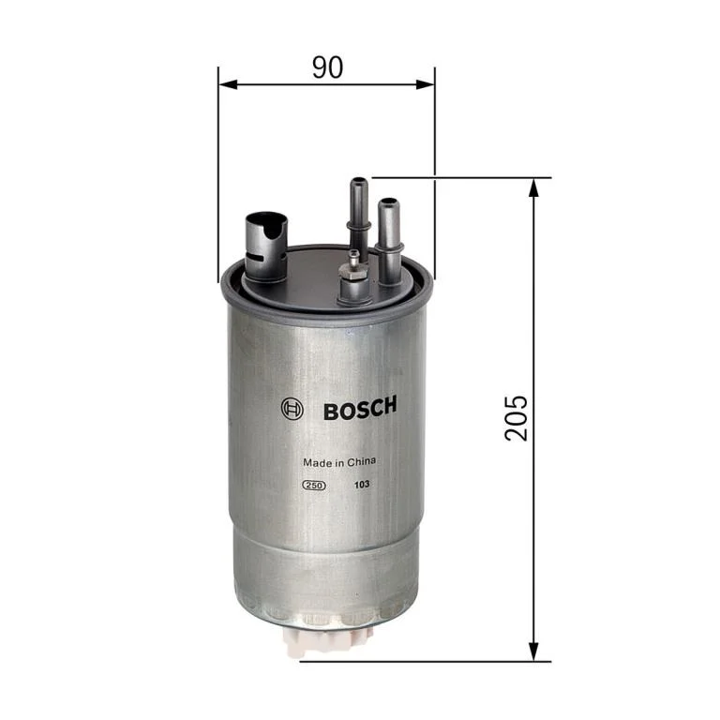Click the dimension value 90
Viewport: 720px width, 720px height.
[x=326, y=67]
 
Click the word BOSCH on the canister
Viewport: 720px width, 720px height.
[x=360, y=409]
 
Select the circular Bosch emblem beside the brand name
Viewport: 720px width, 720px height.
[x=292, y=409]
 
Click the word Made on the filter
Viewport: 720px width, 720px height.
[x=315, y=462]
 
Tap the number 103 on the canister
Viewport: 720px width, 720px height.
[x=360, y=485]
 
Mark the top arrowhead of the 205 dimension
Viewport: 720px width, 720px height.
[x=533, y=185]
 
